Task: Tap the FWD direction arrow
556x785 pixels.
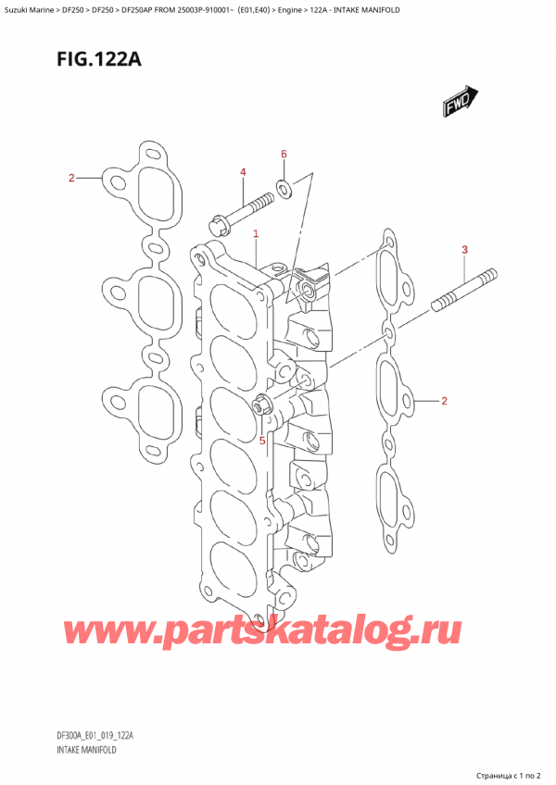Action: [461, 103]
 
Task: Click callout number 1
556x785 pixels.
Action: [255, 235]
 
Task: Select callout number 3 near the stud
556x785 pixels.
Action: [465, 250]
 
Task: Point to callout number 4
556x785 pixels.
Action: [243, 172]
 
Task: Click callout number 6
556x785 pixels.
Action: [284, 154]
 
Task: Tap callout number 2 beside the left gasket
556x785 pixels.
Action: [71, 178]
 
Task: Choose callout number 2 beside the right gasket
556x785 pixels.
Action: [445, 401]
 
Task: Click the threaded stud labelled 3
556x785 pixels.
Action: [463, 289]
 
